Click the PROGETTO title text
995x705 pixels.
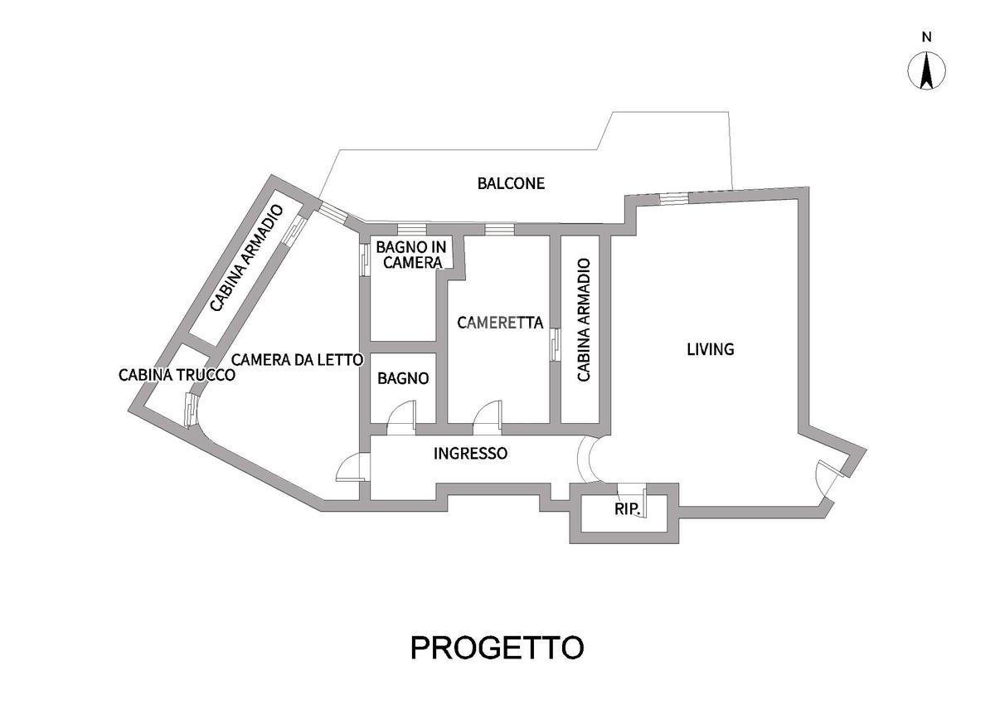click(x=497, y=647)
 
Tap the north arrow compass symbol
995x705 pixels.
click(x=927, y=70)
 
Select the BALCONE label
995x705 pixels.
click(x=511, y=183)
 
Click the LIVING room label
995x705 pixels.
click(x=711, y=349)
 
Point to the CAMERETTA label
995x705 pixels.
click(x=500, y=323)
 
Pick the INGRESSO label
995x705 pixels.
click(x=470, y=454)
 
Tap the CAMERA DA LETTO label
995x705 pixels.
click(x=297, y=360)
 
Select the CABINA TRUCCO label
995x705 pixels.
click(x=177, y=375)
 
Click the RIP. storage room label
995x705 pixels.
click(x=628, y=509)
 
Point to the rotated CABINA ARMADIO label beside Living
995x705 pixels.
click(x=584, y=320)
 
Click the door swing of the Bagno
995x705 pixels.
click(x=401, y=416)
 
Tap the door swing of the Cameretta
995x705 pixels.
click(x=487, y=416)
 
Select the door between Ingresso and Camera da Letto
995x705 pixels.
click(x=352, y=469)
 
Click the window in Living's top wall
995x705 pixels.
click(x=673, y=197)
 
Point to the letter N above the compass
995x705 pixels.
click(x=927, y=36)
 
